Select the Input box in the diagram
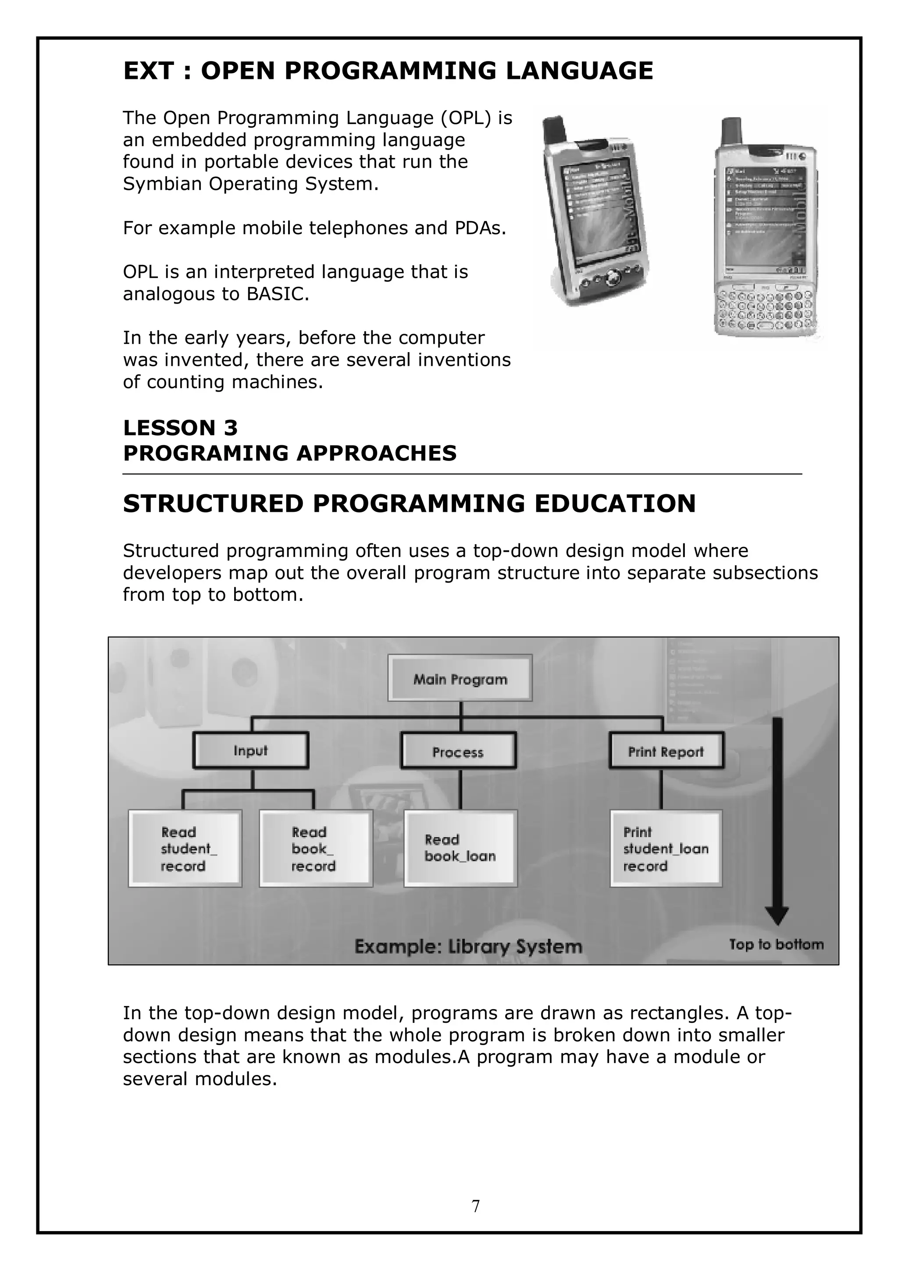click(x=251, y=751)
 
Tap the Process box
click(x=458, y=752)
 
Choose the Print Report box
click(x=666, y=751)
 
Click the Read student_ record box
click(x=185, y=849)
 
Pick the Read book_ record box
click(x=316, y=849)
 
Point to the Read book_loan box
click(x=460, y=849)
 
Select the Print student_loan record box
click(x=666, y=849)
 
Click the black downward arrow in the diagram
click(x=777, y=819)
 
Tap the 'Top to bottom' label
click(x=776, y=944)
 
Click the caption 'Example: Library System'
click(x=468, y=946)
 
